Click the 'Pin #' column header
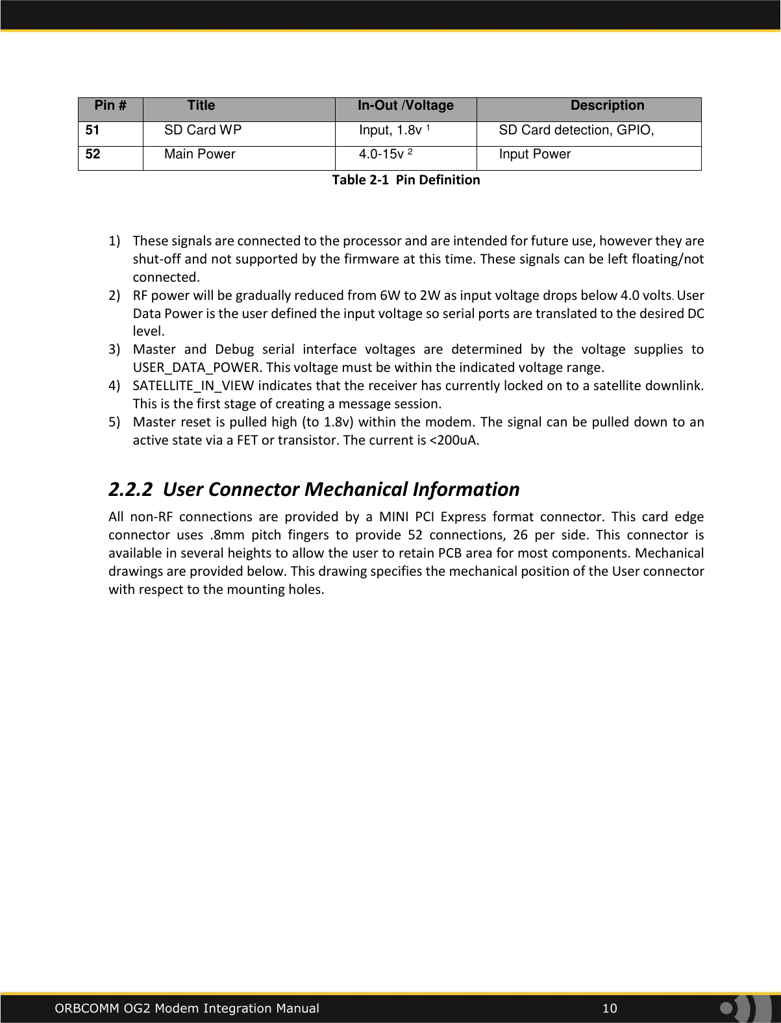coord(110,106)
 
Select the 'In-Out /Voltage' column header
coord(406,106)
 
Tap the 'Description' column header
coord(607,106)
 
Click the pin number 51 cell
coord(93,130)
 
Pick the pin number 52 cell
coord(93,154)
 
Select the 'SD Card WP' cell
coord(203,130)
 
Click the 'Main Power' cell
coord(199,154)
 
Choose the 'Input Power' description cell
coord(534,154)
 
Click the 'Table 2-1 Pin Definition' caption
coord(406,180)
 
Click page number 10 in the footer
coord(610,1008)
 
